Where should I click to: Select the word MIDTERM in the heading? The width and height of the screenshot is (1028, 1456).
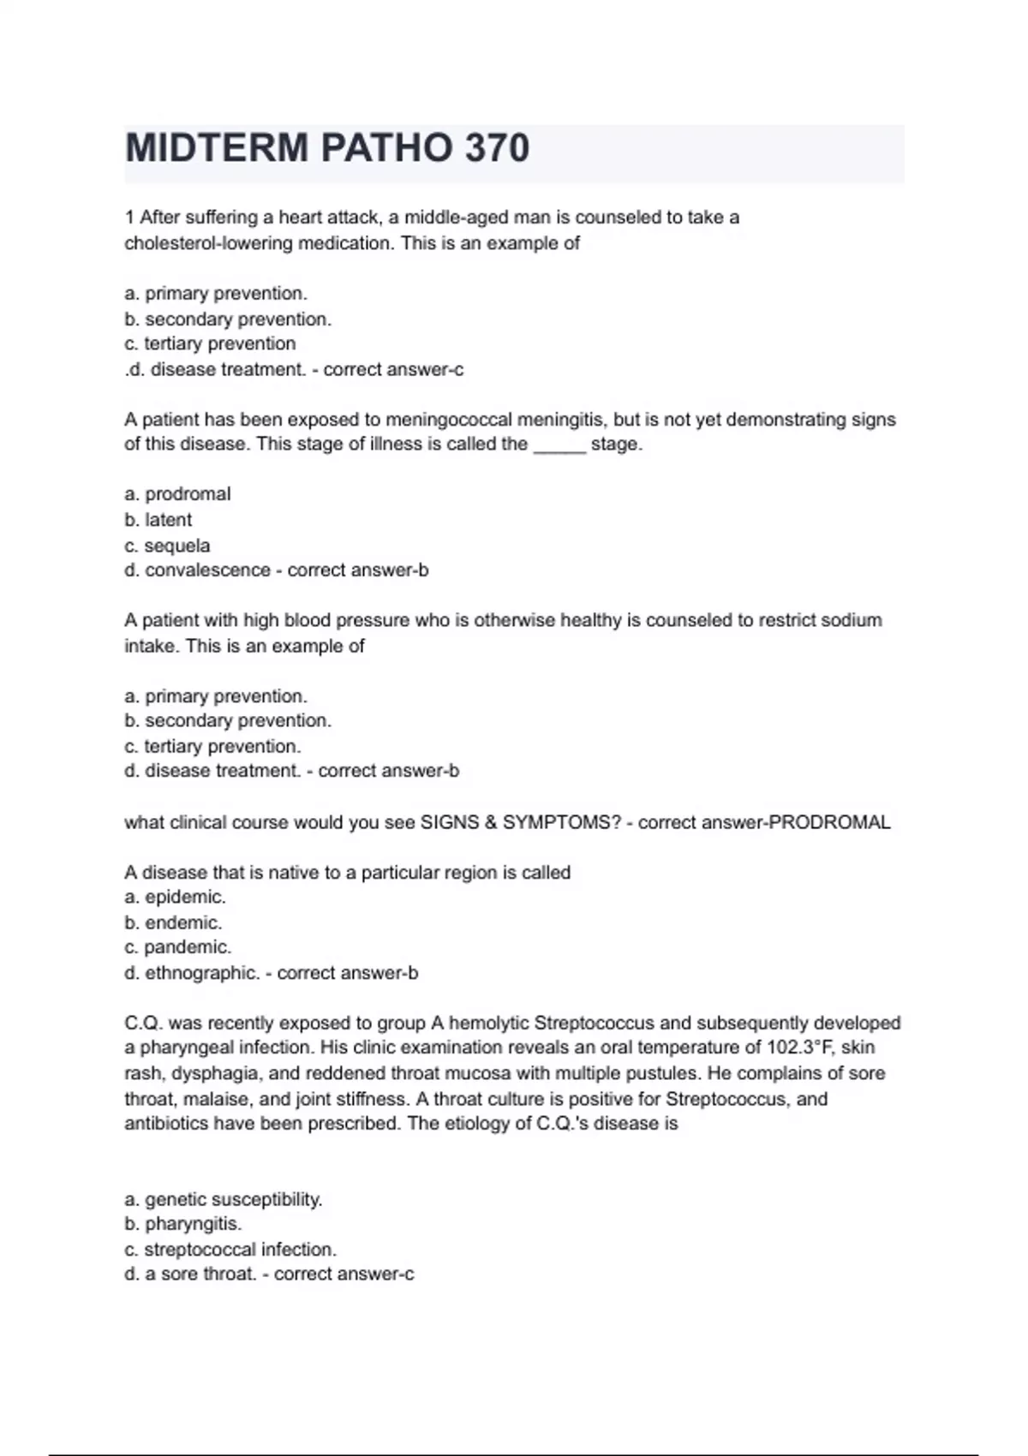click(x=217, y=148)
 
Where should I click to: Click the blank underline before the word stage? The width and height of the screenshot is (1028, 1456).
click(x=559, y=445)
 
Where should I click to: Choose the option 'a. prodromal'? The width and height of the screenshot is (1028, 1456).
click(x=177, y=494)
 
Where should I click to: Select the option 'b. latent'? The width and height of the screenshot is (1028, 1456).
click(x=158, y=520)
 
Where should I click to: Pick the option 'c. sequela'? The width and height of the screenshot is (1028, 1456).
click(x=167, y=546)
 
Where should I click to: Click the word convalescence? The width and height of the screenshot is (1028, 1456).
click(x=207, y=570)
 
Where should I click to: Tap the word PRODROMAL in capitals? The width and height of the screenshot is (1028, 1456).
click(x=830, y=822)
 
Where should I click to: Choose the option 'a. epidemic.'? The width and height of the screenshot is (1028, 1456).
click(x=176, y=898)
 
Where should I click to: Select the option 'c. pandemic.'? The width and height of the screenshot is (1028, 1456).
click(x=178, y=947)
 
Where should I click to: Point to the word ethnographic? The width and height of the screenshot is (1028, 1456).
click(x=202, y=973)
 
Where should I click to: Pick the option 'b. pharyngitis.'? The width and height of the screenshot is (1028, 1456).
click(x=183, y=1224)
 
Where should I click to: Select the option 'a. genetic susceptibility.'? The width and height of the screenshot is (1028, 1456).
click(x=224, y=1199)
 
